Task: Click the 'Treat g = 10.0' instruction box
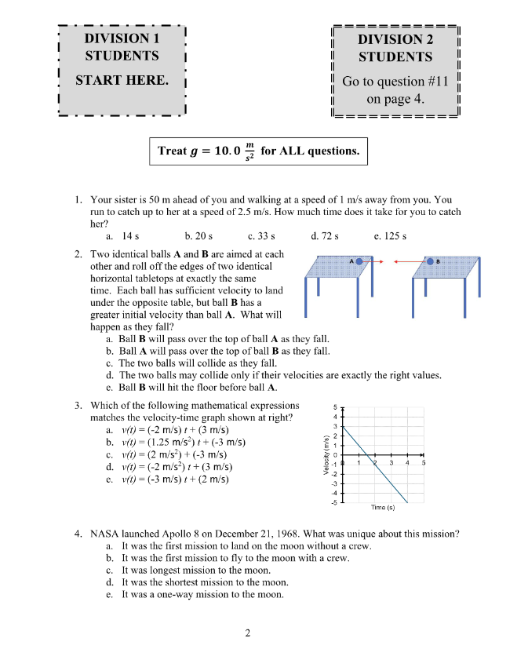(258, 151)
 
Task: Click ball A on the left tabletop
(358, 261)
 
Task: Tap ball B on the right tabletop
(430, 261)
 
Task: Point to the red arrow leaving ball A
(373, 261)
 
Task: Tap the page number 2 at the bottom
(247, 633)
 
